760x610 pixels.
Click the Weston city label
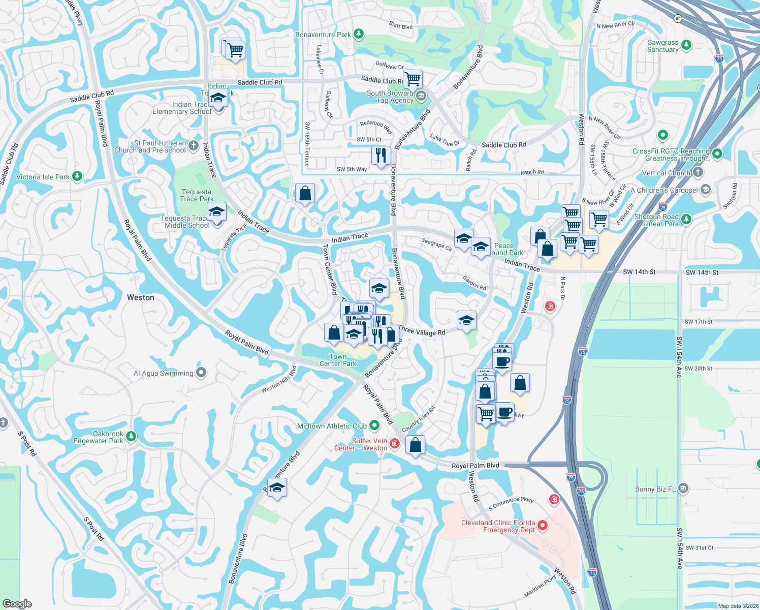141,297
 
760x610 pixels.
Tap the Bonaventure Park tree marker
359,34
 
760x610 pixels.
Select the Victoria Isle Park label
43,177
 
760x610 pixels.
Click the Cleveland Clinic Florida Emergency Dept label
498,526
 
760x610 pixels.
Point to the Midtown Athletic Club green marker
374,424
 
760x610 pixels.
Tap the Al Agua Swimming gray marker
201,373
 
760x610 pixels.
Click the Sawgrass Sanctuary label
662,46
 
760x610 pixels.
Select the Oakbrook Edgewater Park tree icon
131,436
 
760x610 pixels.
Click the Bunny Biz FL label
655,489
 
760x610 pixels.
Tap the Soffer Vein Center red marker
395,444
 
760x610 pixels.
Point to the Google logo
17,604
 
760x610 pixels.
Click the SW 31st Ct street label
699,547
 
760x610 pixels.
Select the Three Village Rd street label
422,331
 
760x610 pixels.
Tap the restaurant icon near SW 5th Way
381,155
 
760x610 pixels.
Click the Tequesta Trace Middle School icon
216,212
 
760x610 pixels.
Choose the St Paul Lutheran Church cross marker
193,146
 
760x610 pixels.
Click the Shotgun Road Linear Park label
656,220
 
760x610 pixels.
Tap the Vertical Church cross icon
698,172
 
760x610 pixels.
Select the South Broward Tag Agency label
390,97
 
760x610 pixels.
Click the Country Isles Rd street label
418,419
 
